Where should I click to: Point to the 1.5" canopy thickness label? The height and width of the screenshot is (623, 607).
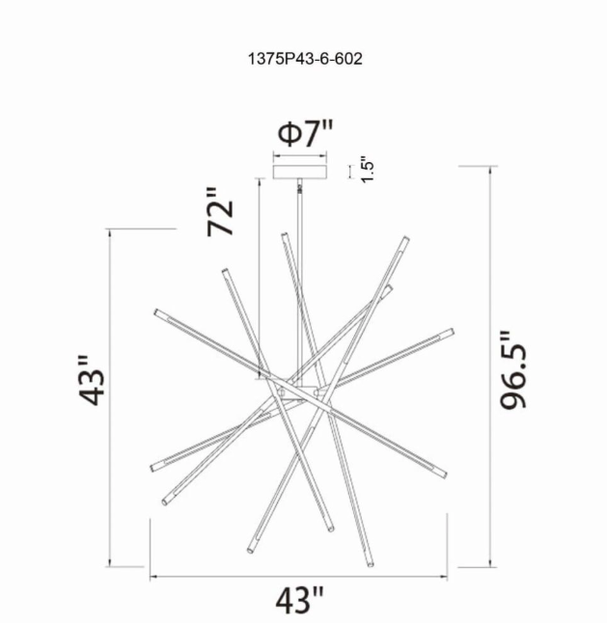(366, 170)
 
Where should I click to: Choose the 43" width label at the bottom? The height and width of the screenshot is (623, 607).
(299, 601)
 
